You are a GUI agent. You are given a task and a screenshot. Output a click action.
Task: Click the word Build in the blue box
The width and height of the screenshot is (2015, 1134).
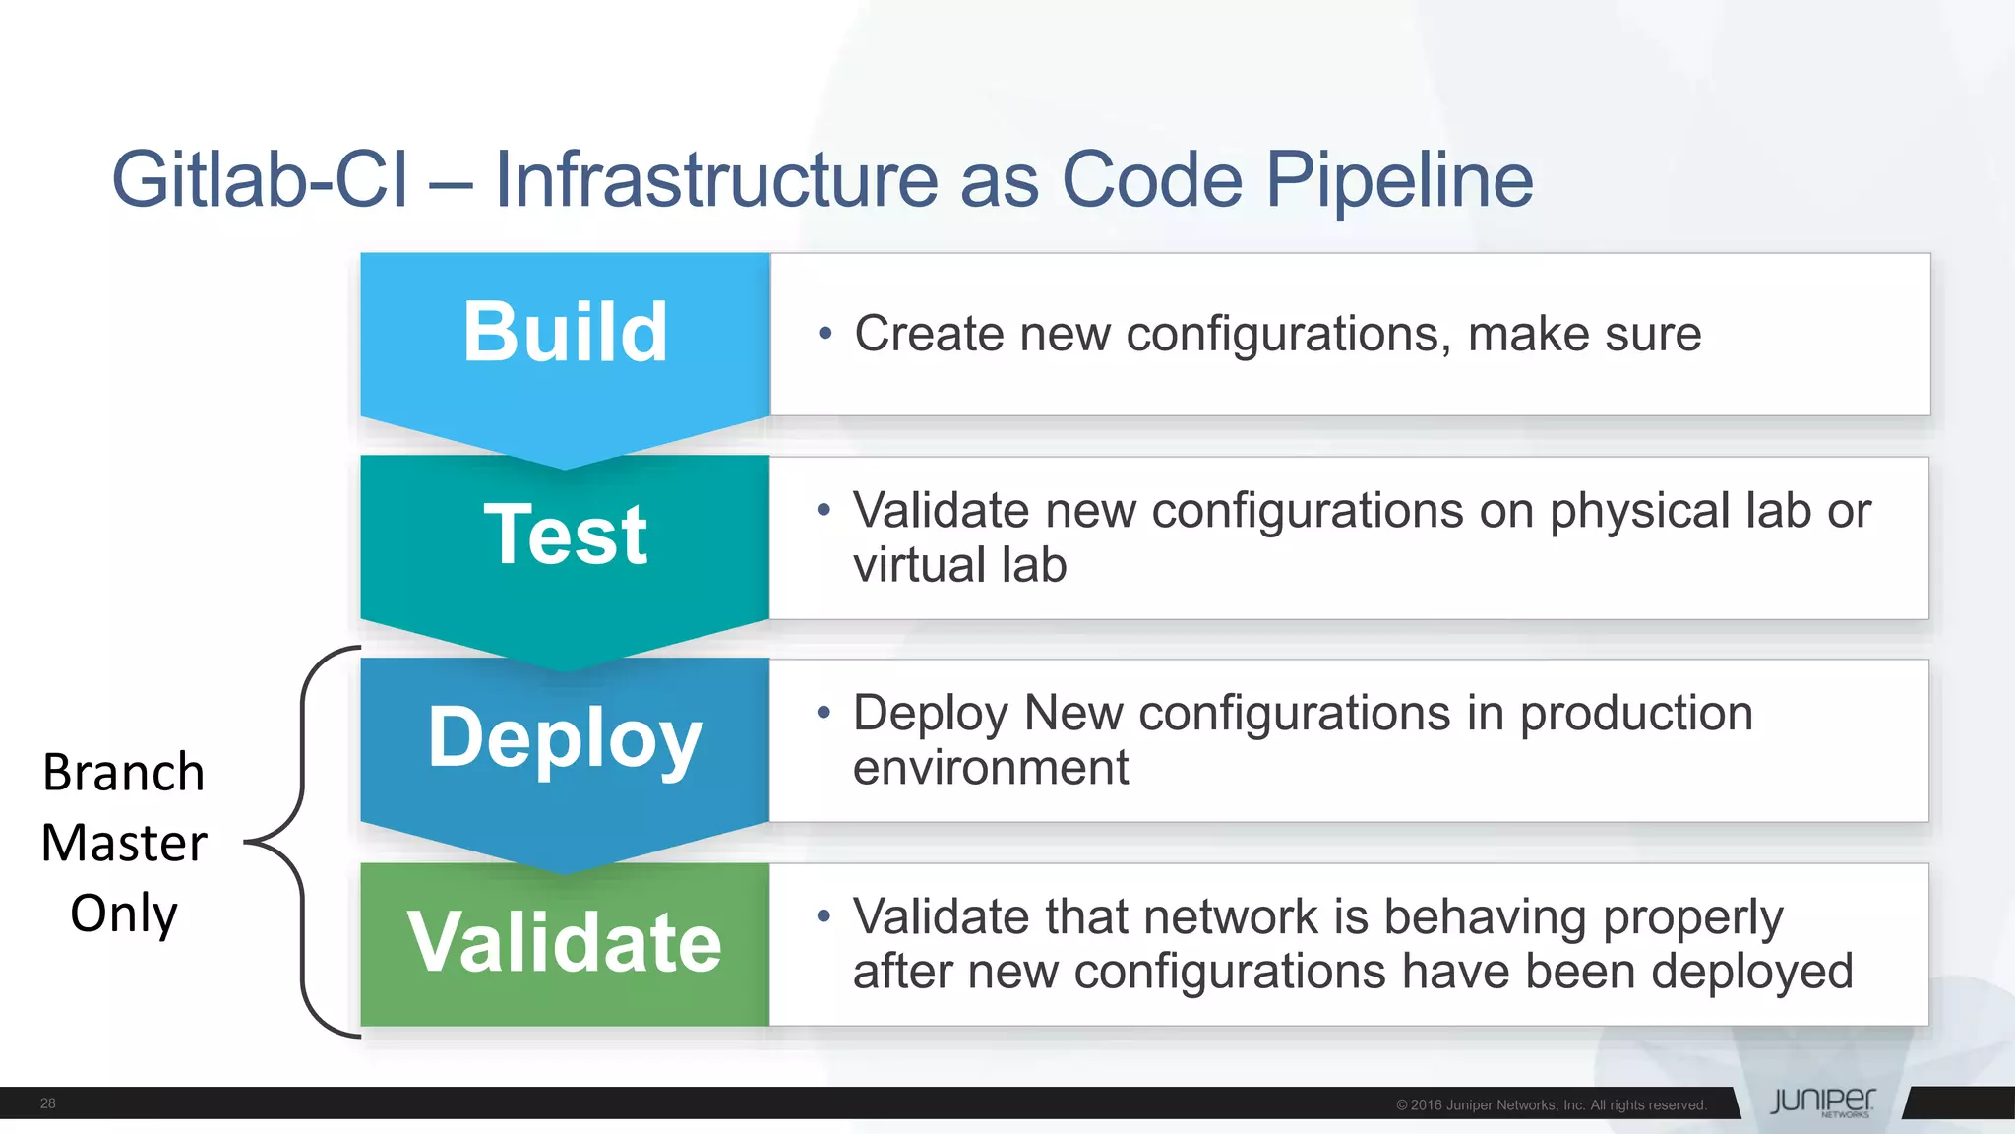(x=565, y=332)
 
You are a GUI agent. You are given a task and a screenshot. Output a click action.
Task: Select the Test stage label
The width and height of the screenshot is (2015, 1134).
(x=565, y=535)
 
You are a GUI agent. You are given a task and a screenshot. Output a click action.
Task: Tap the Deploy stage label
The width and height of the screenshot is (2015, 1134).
(x=565, y=738)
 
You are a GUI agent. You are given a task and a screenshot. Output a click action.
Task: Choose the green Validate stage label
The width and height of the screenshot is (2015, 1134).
(x=565, y=943)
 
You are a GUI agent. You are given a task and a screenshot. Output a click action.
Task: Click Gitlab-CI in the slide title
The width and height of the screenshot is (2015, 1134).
(x=260, y=180)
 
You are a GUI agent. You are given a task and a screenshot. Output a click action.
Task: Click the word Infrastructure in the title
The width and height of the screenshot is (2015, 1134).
(x=716, y=180)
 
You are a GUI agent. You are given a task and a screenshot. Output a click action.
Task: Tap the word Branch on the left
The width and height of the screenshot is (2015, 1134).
(x=124, y=773)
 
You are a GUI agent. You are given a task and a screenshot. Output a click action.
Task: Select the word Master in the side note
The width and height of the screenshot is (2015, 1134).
(x=124, y=844)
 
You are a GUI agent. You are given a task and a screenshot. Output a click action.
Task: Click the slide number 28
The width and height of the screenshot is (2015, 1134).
(x=47, y=1103)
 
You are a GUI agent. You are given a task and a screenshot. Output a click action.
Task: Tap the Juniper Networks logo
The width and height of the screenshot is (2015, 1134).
(x=1822, y=1102)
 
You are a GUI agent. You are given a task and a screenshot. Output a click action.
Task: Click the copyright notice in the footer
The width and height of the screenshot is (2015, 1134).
(x=1551, y=1105)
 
